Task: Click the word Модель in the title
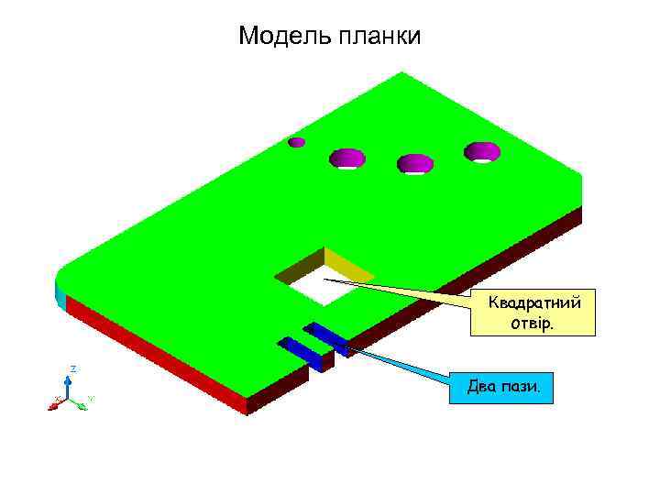click(284, 37)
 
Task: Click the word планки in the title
click(379, 37)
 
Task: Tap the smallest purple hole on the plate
click(296, 142)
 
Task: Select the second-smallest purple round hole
click(347, 158)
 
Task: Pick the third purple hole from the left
click(414, 163)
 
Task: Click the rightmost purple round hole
click(481, 151)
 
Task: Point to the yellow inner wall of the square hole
click(348, 266)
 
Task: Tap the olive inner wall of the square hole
click(299, 266)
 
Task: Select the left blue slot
click(300, 350)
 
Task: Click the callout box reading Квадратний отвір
click(533, 313)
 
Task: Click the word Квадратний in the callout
click(533, 302)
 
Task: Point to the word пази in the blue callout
click(523, 389)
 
